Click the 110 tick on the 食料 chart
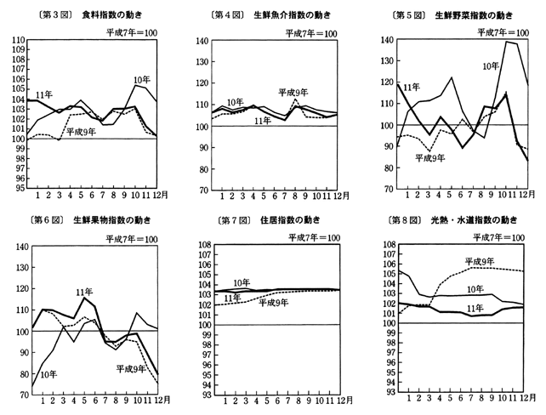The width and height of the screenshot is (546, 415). [16, 41]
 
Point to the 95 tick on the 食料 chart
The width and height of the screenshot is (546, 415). [18, 189]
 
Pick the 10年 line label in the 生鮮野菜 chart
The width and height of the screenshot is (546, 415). [490, 65]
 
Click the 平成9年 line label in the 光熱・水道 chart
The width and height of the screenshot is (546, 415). [481, 261]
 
